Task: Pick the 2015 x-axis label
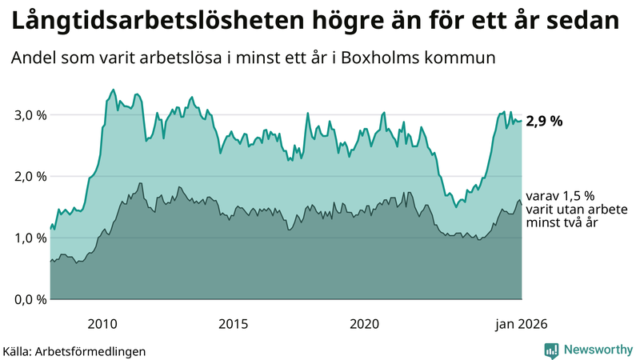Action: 233,324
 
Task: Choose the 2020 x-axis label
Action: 365,324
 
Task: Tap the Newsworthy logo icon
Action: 551,350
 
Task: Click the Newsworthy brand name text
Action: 596,350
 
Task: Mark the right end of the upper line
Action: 522,122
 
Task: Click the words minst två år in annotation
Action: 563,222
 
